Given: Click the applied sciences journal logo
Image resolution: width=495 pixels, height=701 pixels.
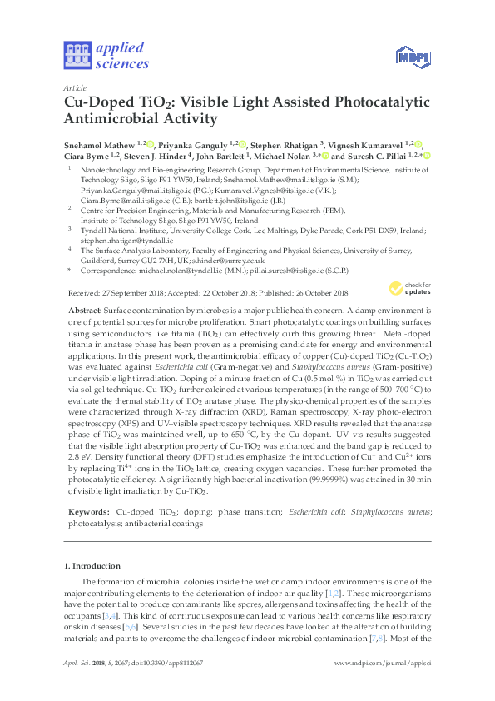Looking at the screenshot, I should point(106,56).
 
